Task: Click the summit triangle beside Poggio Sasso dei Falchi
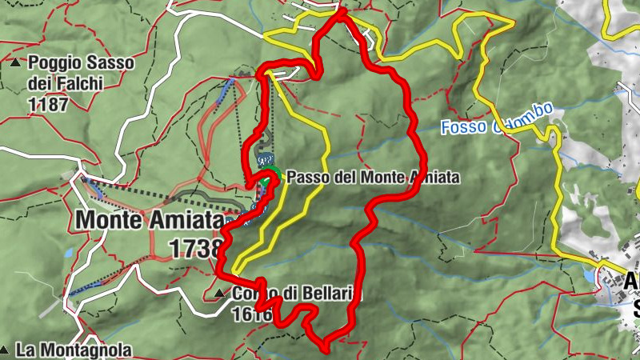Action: (x=16, y=62)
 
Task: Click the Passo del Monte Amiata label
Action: (x=373, y=177)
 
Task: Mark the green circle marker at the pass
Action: (x=273, y=174)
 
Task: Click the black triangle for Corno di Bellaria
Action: (x=221, y=294)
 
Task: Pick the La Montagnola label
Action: (x=73, y=350)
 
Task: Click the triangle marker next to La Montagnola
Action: (x=5, y=350)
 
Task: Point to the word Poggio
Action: (x=54, y=62)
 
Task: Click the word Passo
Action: (x=305, y=177)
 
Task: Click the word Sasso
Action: (x=109, y=62)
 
